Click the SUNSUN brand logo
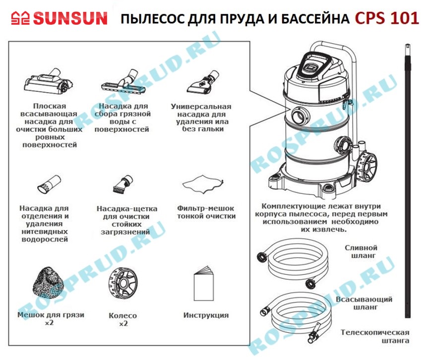[x=59, y=18]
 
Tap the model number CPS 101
[x=387, y=18]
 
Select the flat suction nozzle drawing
[x=49, y=82]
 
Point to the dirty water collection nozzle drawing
[x=120, y=81]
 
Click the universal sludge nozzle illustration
[x=203, y=82]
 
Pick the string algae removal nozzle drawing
[x=49, y=184]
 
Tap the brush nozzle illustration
[x=123, y=184]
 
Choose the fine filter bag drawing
[x=203, y=184]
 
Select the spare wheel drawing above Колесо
[x=123, y=284]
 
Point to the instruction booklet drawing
[x=204, y=284]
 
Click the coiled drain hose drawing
[x=294, y=263]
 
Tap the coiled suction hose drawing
[x=296, y=316]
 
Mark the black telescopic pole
[x=407, y=181]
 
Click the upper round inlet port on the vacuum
[x=301, y=116]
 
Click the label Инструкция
[x=206, y=315]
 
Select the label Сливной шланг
[x=362, y=251]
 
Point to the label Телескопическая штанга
[x=375, y=336]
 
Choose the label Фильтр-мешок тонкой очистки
[x=206, y=212]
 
